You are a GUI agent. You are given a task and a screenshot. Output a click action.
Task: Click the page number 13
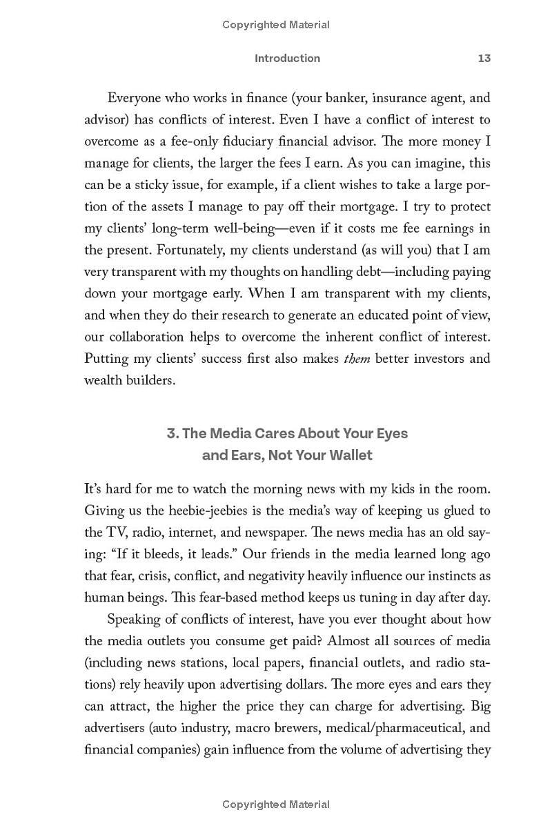coord(484,59)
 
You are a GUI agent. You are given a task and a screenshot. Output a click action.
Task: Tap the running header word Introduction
coord(287,59)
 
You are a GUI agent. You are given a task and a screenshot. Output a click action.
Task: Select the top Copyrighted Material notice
coord(276,25)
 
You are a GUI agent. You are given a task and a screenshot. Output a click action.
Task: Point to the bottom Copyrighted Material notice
coord(276,805)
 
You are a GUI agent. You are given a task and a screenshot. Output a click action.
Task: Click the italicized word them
coord(357,359)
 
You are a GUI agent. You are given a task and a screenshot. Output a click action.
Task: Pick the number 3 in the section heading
coord(171,433)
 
